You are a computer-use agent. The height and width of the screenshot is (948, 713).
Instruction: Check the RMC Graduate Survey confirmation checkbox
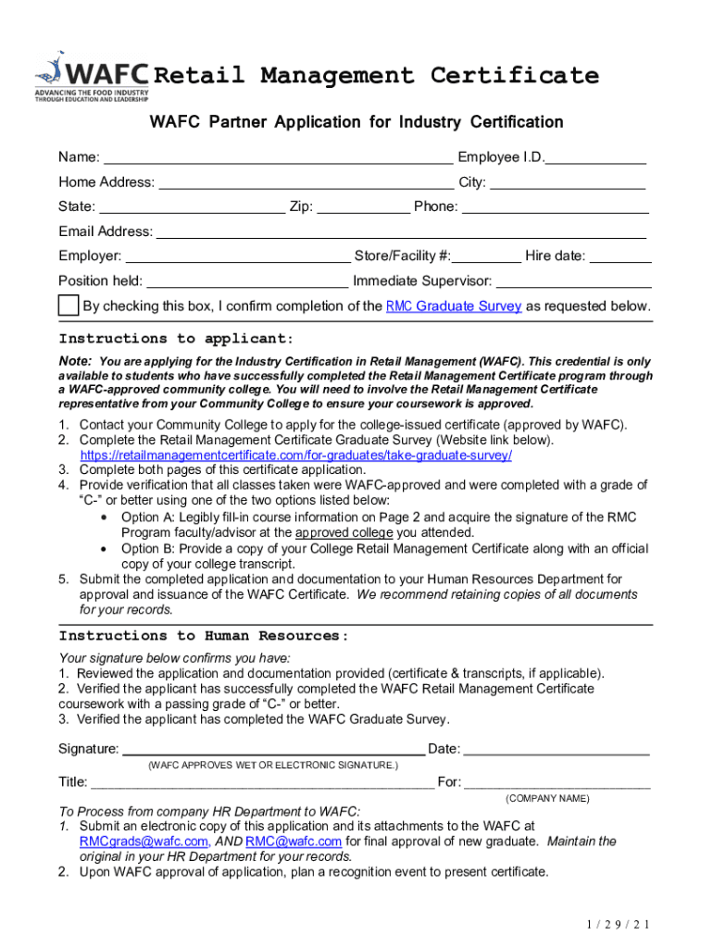(69, 306)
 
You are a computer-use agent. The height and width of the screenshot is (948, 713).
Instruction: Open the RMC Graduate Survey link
(454, 306)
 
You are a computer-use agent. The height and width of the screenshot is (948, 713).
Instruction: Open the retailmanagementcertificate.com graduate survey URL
(296, 455)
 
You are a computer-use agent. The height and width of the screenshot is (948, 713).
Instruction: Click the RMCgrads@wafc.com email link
(144, 842)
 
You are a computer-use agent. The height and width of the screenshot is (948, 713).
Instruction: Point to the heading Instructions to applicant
(176, 339)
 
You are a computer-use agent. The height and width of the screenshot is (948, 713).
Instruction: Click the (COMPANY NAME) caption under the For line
(547, 798)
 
